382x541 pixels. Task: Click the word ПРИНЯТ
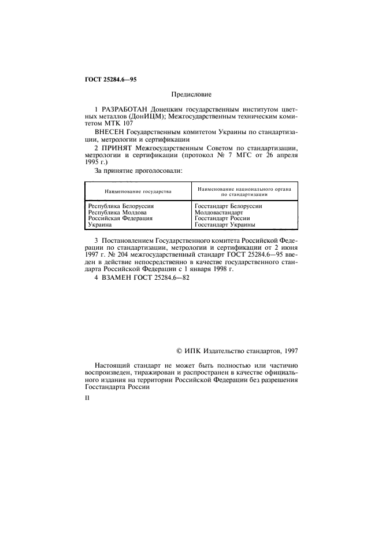[x=117, y=149]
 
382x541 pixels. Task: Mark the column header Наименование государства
[x=138, y=191]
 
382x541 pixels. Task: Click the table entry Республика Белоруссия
[x=121, y=206]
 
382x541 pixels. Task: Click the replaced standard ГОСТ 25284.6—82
[x=164, y=278]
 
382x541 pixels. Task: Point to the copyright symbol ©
[x=179, y=350]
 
